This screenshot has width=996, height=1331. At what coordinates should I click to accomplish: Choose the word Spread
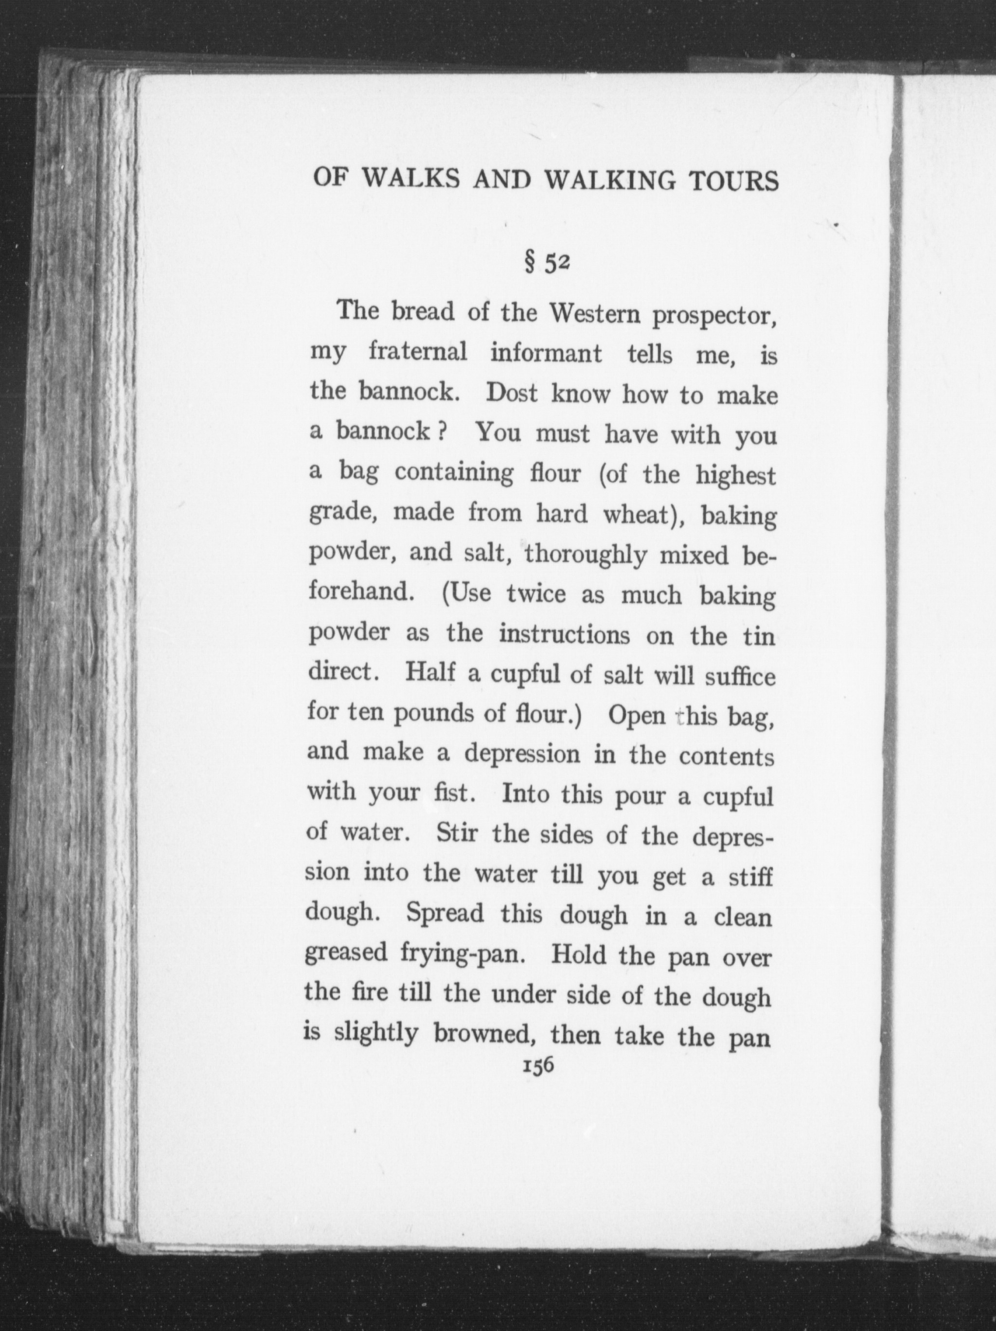point(445,915)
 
